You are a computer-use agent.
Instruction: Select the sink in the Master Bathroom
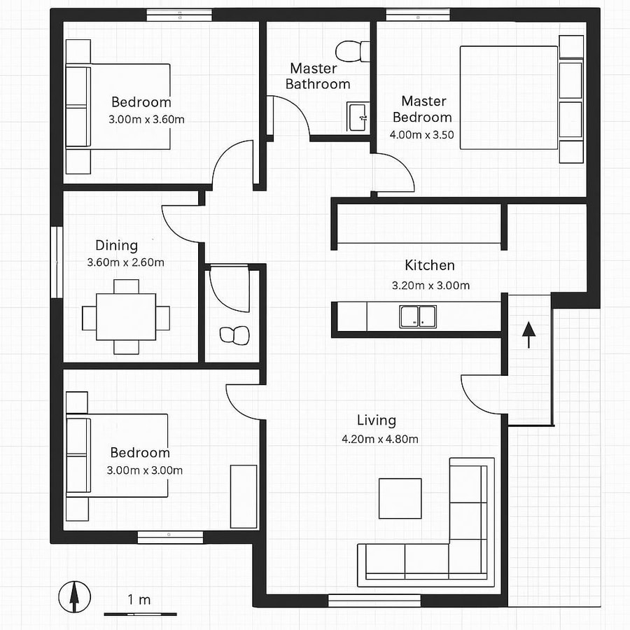pos(358,115)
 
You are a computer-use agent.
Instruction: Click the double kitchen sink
pos(419,316)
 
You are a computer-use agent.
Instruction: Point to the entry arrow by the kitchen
pos(528,334)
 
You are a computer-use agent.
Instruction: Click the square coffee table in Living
pos(400,498)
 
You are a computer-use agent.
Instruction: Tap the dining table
pos(126,316)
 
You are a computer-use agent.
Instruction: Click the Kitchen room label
pos(430,265)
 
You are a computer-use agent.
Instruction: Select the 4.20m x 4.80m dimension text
pos(379,439)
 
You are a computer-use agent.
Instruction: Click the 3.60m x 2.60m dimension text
pos(125,262)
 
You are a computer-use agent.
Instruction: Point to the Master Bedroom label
pos(423,109)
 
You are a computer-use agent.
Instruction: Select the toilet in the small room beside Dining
pos(234,335)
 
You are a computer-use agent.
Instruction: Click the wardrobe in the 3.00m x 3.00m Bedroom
pos(244,496)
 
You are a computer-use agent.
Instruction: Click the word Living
pos(377,420)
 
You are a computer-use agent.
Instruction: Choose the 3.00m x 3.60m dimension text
pos(146,119)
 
